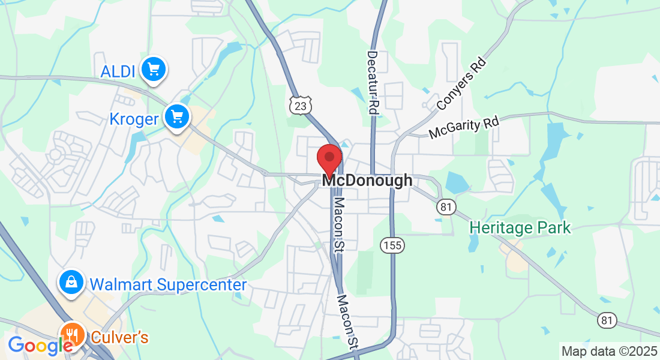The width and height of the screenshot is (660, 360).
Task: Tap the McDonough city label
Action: click(x=367, y=180)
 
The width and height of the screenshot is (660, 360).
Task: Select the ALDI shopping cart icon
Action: click(x=154, y=70)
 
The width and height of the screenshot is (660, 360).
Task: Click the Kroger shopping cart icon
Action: click(x=177, y=116)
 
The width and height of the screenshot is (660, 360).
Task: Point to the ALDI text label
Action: click(x=118, y=71)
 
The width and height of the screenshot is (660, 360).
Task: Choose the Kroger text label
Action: click(x=134, y=119)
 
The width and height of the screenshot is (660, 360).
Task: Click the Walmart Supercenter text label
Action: click(x=168, y=284)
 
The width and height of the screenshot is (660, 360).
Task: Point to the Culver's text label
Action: click(x=119, y=337)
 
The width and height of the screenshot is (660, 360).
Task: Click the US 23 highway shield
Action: click(x=299, y=106)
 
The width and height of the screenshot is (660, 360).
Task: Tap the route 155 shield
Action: click(x=392, y=245)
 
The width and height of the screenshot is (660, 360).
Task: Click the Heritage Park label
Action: click(x=520, y=228)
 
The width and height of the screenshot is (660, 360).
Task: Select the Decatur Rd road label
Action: click(x=373, y=83)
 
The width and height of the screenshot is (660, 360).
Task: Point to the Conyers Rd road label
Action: click(x=460, y=84)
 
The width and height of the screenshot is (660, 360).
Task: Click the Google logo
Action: click(x=40, y=346)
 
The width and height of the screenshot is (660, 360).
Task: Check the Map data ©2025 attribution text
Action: click(x=608, y=350)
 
